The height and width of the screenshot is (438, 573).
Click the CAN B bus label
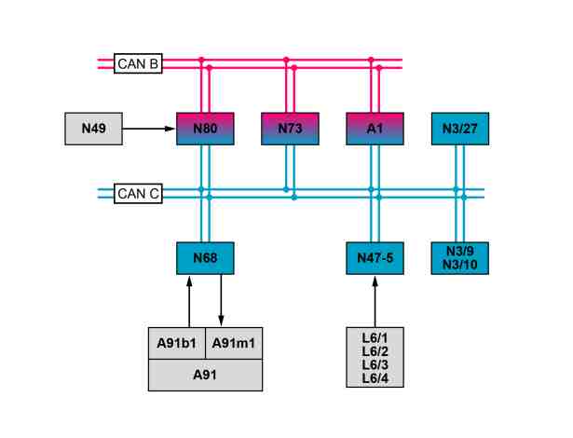tap(138, 63)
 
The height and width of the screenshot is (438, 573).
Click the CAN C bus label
tap(138, 194)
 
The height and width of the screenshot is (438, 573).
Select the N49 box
tap(93, 129)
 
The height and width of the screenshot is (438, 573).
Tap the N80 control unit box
tap(205, 129)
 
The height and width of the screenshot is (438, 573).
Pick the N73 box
tap(290, 129)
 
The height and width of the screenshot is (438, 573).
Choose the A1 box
tap(375, 129)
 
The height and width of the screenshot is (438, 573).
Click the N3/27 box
tap(460, 129)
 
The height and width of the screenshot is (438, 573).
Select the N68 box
tap(205, 258)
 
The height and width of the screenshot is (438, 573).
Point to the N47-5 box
tap(375, 258)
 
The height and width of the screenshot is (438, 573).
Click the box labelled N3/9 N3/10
tap(460, 258)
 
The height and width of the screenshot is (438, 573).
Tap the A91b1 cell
tap(177, 343)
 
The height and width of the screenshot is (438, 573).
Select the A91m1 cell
tap(234, 343)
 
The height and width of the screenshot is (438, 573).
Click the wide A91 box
tap(205, 376)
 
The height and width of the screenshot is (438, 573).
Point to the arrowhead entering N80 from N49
tap(170, 129)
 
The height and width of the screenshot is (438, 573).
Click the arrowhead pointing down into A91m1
tap(221, 321)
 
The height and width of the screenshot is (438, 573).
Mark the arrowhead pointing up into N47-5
tap(375, 281)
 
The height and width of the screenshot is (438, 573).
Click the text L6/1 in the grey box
tap(375, 338)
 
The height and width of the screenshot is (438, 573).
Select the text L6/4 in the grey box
tap(375, 378)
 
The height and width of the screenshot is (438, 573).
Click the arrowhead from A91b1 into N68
tap(189, 281)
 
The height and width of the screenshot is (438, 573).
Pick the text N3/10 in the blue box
tap(460, 265)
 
